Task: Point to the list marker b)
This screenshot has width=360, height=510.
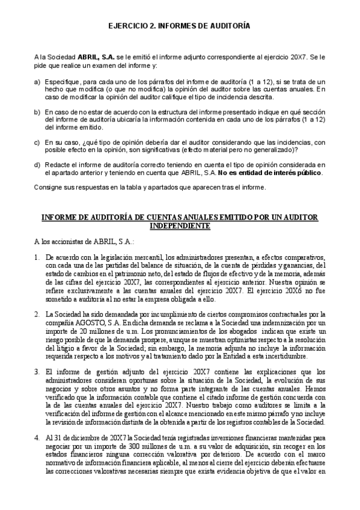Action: [38, 112]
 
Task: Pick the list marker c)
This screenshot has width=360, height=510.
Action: [38, 142]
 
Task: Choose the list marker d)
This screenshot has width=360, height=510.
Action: [38, 165]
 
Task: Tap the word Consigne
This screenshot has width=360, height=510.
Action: [49, 188]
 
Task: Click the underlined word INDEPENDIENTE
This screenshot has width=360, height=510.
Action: [180, 226]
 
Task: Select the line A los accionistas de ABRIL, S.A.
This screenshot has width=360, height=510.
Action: [76, 242]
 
